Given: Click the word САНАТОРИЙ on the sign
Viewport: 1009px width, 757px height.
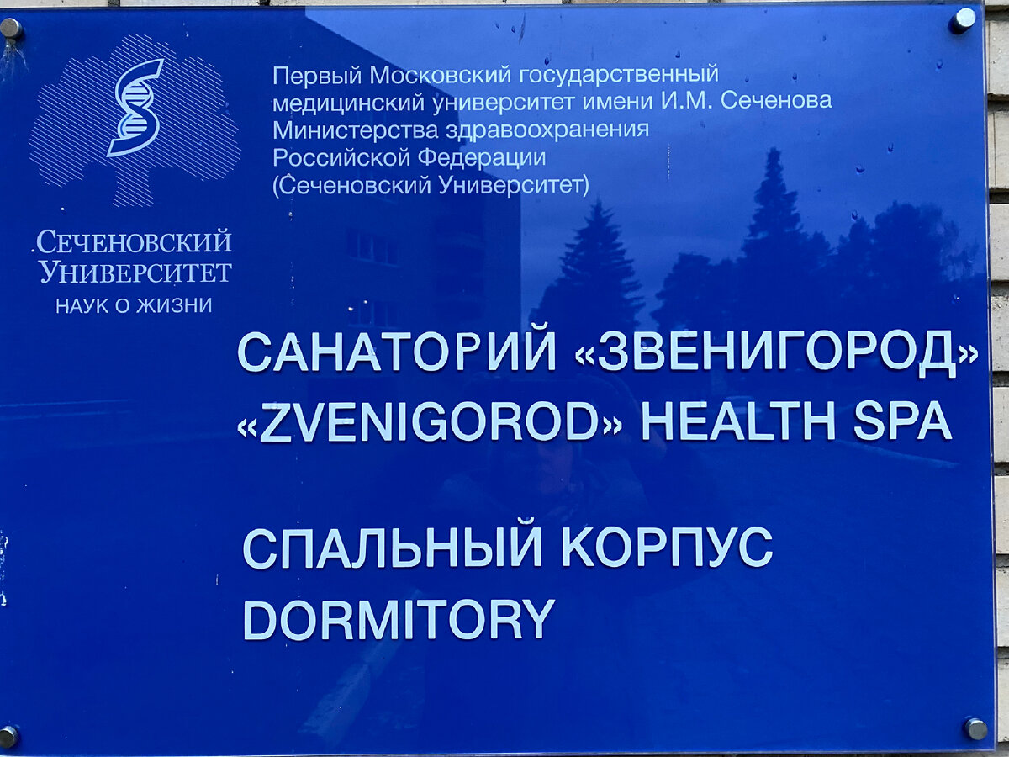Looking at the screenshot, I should coord(396,352).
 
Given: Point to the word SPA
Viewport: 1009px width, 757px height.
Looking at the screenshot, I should coord(902,421).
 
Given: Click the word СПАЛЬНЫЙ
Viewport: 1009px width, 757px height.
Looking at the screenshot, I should coord(393,548).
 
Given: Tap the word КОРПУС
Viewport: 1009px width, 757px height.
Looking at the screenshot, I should coord(666,548).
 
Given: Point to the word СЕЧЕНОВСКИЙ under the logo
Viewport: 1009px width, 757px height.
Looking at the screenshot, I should coord(133,243).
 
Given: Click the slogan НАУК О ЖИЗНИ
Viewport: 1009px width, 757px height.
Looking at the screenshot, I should coord(134,305).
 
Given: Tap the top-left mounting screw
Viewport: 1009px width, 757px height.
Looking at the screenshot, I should coord(11,28).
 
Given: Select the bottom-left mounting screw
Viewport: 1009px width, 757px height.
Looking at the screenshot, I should coord(8,737).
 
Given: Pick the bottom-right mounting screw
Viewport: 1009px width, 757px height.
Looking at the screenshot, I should coord(975,728).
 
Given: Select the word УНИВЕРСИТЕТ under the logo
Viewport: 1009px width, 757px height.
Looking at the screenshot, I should coord(135,273).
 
